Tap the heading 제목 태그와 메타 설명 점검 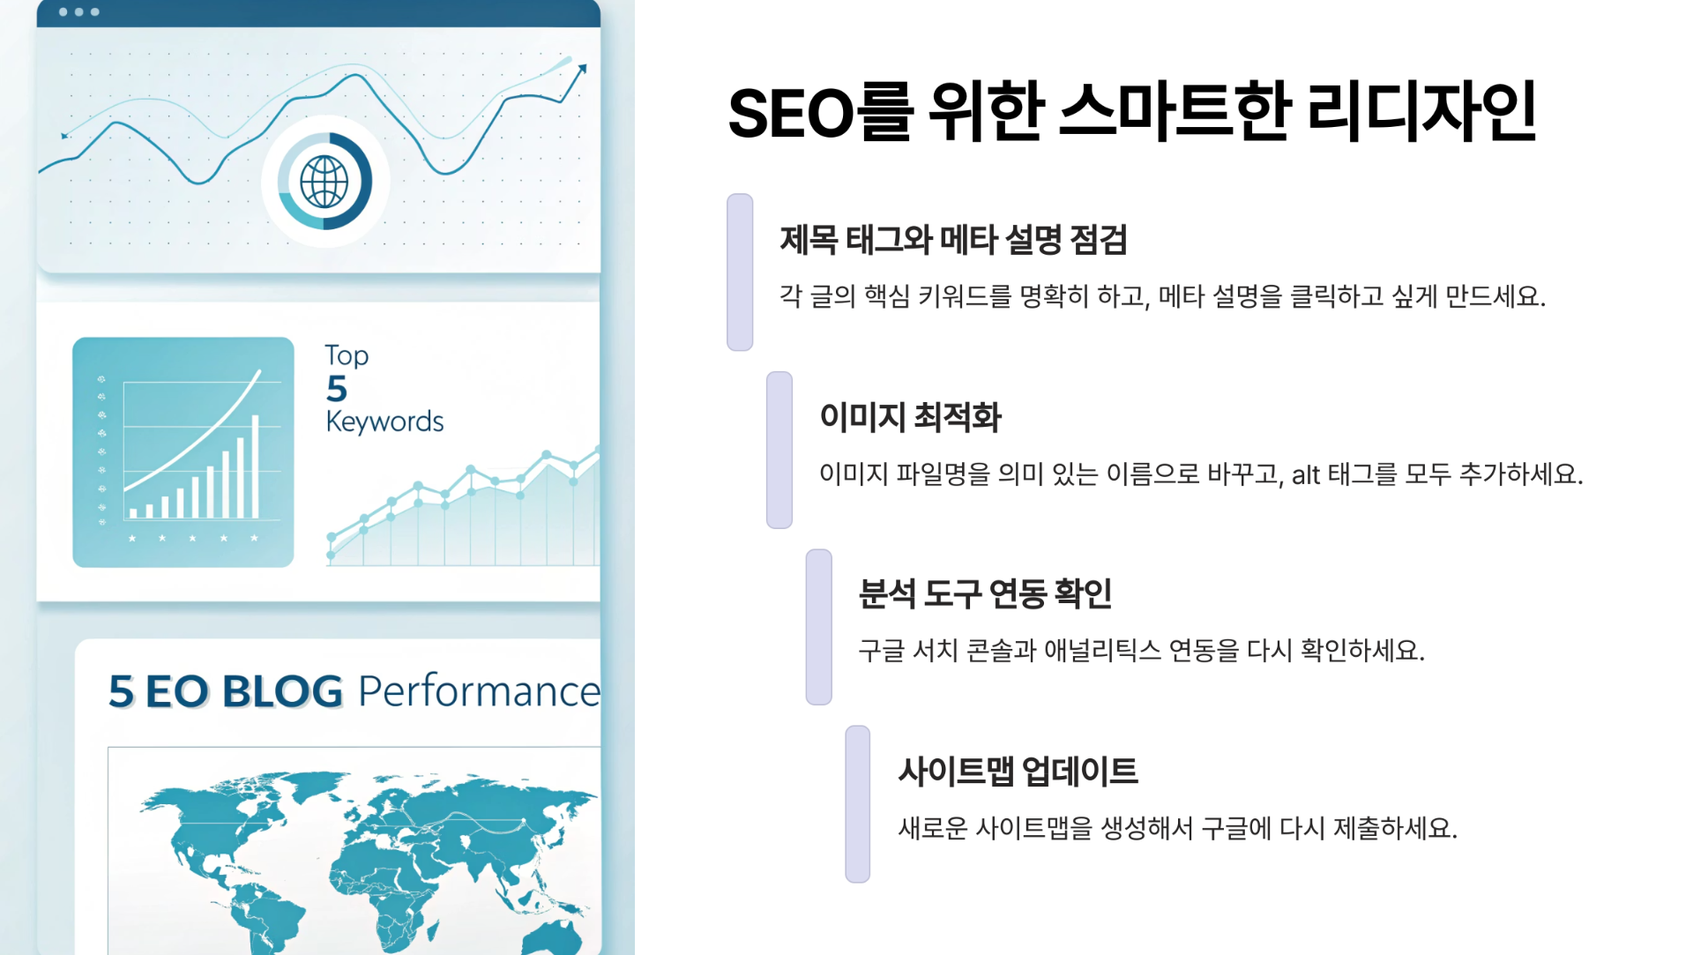[953, 240]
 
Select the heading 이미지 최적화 [910, 417]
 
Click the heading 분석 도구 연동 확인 [985, 593]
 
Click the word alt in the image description [1305, 475]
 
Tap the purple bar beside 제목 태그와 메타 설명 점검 [740, 272]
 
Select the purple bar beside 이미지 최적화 [779, 450]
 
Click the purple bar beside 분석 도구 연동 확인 [818, 627]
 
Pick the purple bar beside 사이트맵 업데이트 [858, 803]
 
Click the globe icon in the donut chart [324, 182]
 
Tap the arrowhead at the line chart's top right [581, 68]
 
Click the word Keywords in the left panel [384, 422]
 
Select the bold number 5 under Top [337, 389]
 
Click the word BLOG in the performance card [282, 691]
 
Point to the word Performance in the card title [479, 691]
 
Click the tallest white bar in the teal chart [256, 466]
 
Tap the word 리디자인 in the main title [1421, 113]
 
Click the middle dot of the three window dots [78, 12]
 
